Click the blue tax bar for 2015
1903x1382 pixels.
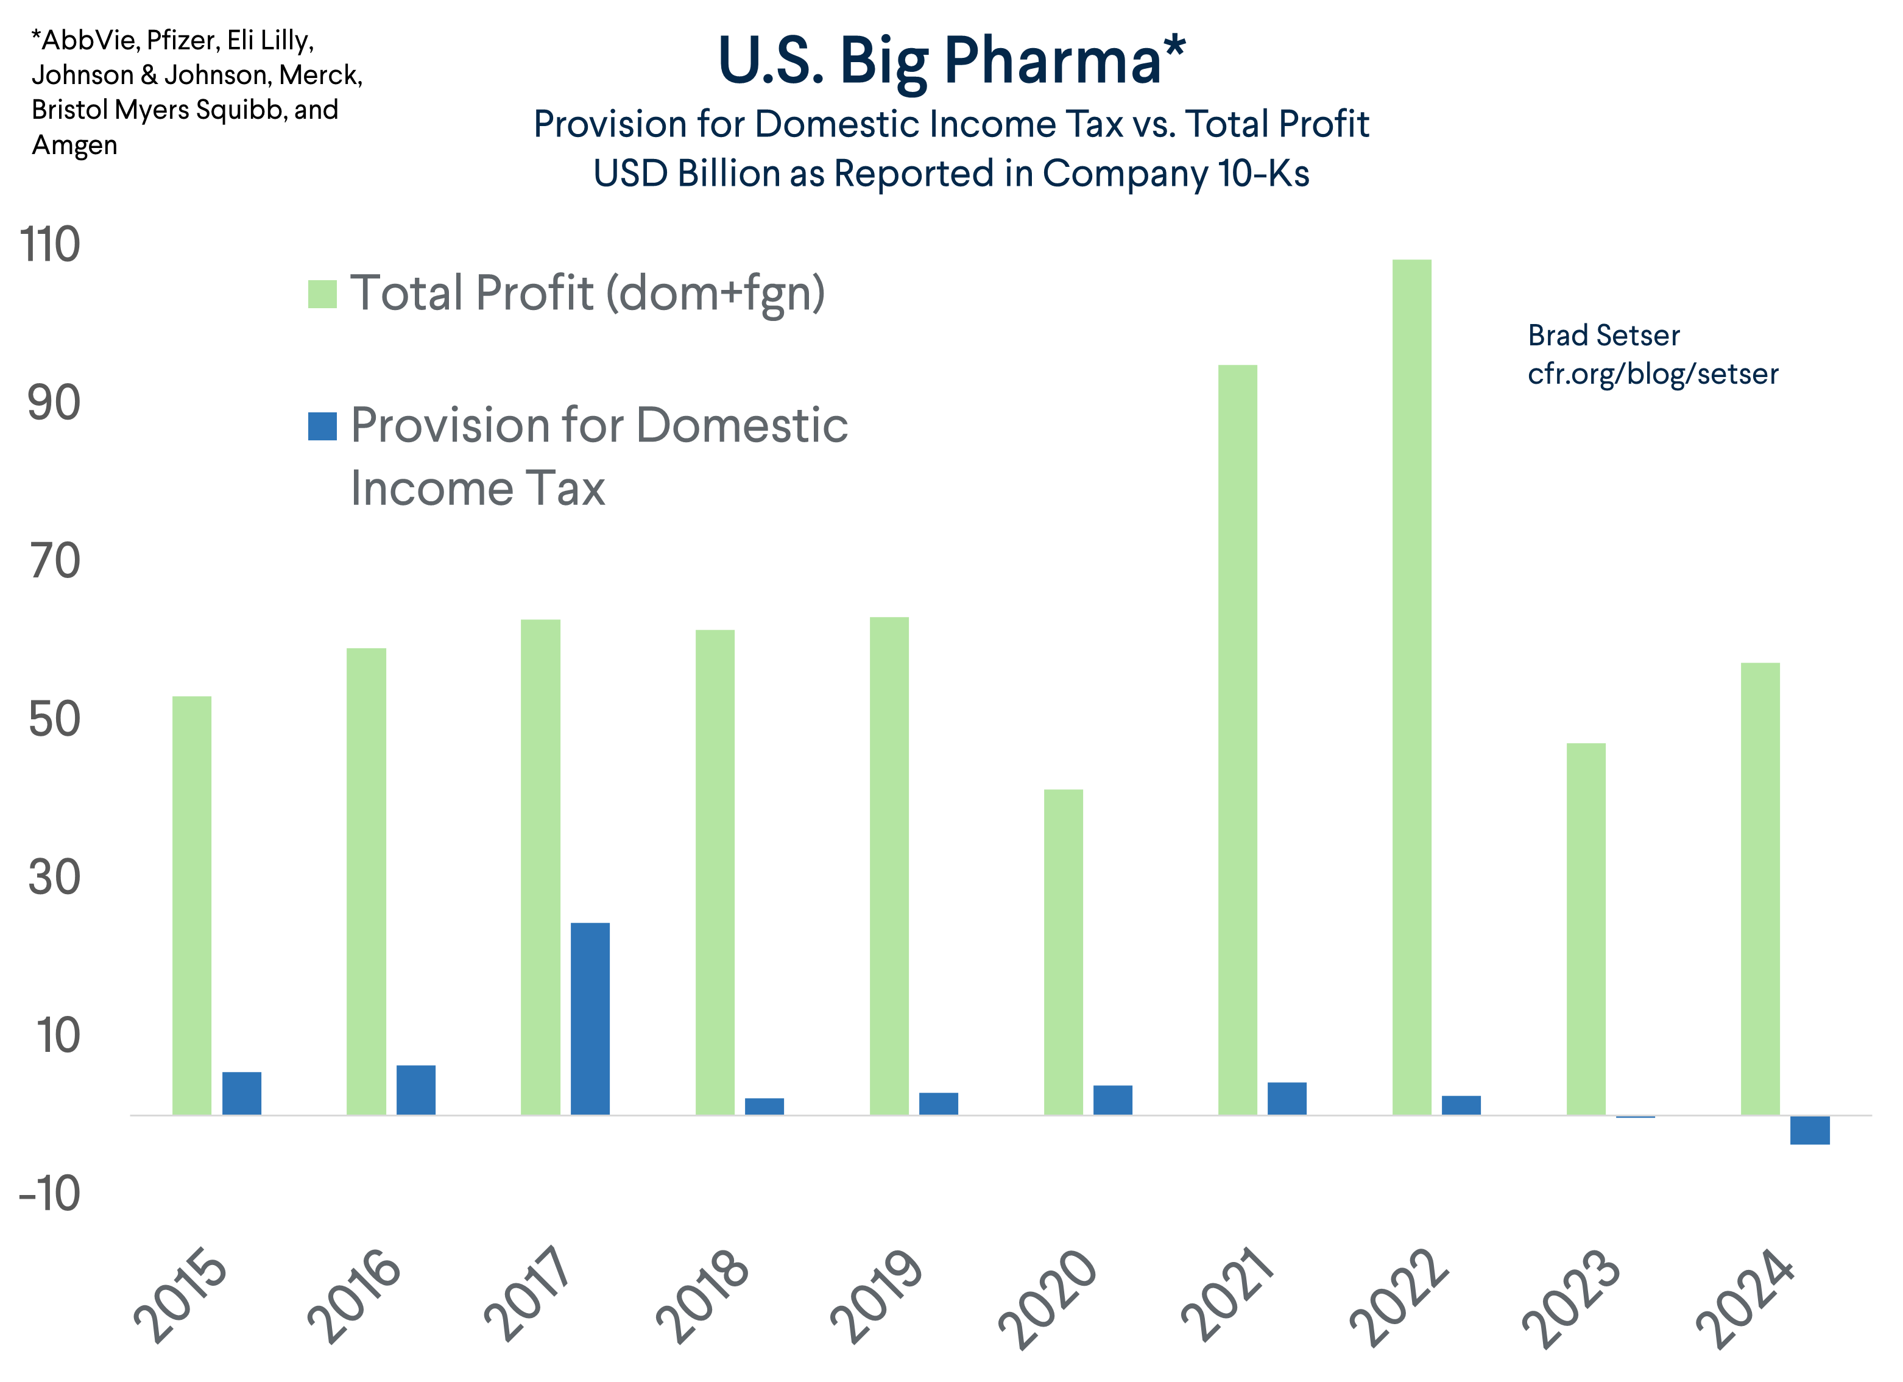[x=242, y=1093]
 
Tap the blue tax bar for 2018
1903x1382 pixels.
[x=764, y=1106]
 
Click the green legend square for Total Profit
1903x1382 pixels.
[x=322, y=295]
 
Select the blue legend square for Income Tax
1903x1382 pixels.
[x=322, y=426]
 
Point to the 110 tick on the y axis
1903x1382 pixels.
[x=51, y=245]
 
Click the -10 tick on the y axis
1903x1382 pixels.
[x=51, y=1193]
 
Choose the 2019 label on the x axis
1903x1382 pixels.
[x=877, y=1296]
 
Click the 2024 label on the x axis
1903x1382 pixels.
[x=1745, y=1296]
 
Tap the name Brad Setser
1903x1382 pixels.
[x=1603, y=336]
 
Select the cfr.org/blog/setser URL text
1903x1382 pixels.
[x=1652, y=373]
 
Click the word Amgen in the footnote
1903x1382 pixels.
[x=75, y=145]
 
